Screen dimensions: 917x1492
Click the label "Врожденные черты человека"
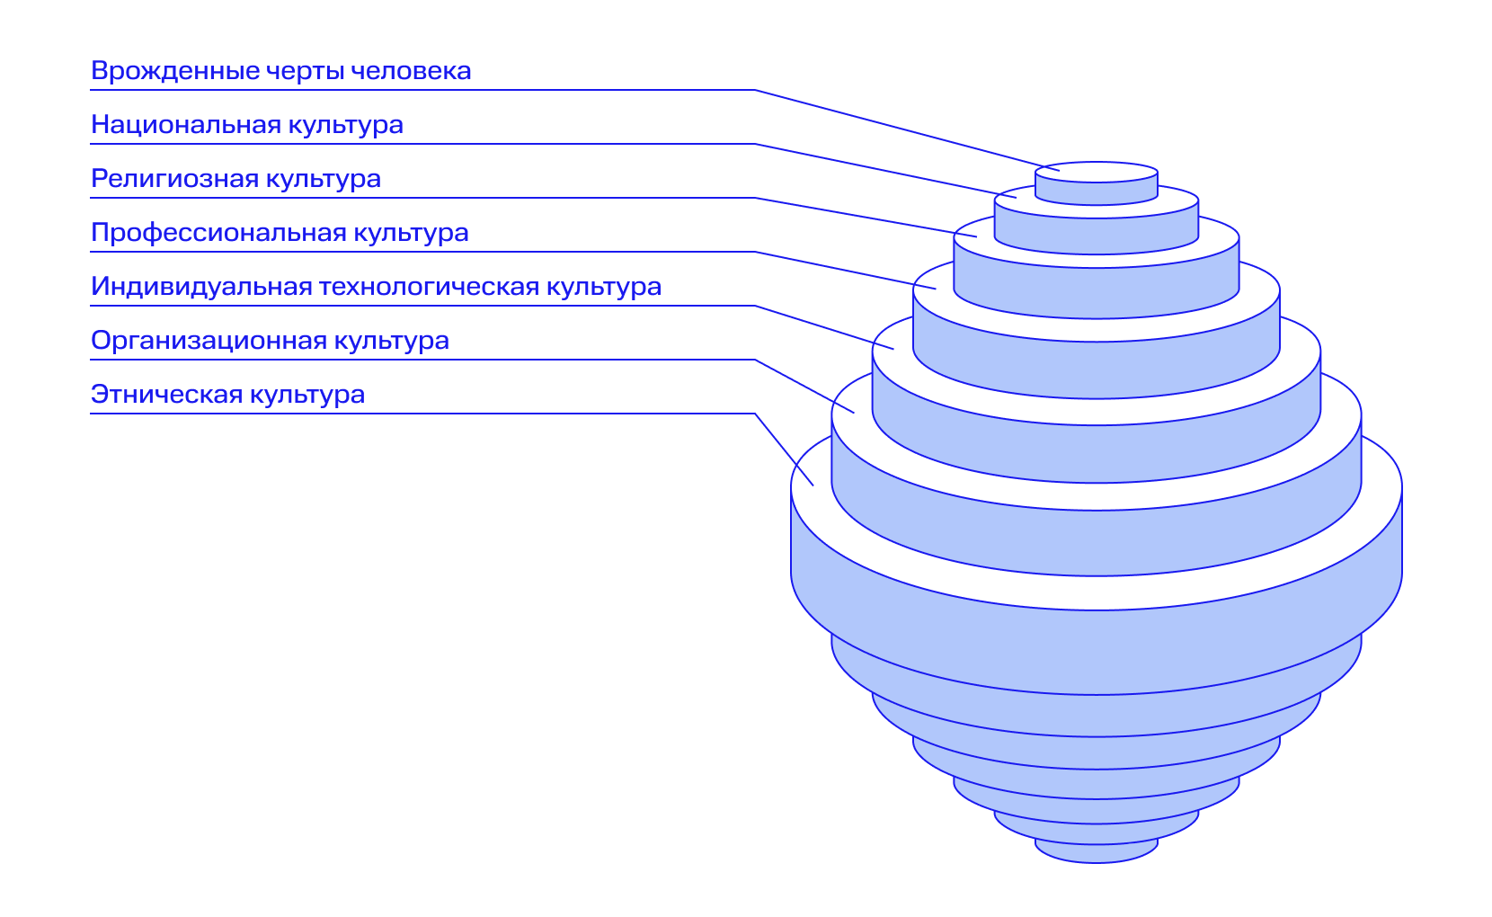click(x=280, y=71)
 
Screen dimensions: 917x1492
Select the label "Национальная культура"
click(x=246, y=125)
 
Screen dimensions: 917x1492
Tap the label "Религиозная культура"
click(x=235, y=179)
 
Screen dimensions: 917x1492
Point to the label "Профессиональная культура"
click(x=280, y=233)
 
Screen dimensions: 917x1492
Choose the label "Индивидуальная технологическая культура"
click(x=376, y=287)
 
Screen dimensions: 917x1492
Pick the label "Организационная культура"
click(x=270, y=341)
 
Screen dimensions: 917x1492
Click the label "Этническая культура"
click(x=227, y=395)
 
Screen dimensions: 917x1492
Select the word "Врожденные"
click(x=162, y=71)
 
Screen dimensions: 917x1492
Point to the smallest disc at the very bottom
click(x=1097, y=852)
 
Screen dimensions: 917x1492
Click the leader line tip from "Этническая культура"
click(x=813, y=485)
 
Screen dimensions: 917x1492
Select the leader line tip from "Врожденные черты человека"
click(x=1060, y=170)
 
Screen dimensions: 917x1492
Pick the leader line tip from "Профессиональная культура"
click(x=936, y=289)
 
